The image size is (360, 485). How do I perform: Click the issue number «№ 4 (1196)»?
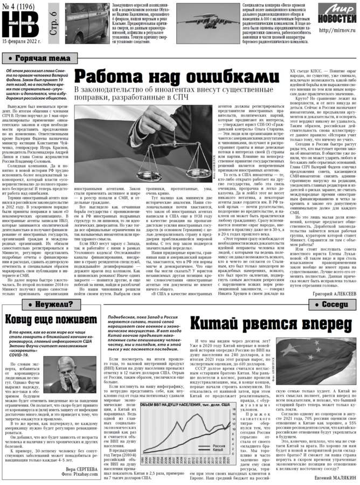click(19, 6)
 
